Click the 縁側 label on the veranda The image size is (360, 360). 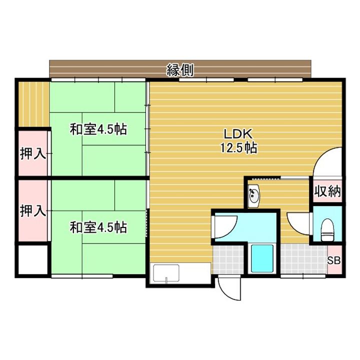click(180, 70)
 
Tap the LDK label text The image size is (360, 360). click(238, 134)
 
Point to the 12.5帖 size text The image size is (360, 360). click(238, 147)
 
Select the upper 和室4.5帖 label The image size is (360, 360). click(98, 129)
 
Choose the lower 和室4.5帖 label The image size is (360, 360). click(98, 227)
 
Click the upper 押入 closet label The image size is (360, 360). click(32, 153)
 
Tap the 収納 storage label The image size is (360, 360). click(327, 191)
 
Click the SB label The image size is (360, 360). click(334, 260)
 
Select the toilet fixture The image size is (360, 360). click(327, 230)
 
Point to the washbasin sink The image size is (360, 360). click(253, 196)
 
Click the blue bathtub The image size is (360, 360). click(262, 258)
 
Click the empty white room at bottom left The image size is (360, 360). click(33, 259)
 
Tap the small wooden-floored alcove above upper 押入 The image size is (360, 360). click(33, 104)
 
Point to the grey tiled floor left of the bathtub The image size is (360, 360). click(228, 259)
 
